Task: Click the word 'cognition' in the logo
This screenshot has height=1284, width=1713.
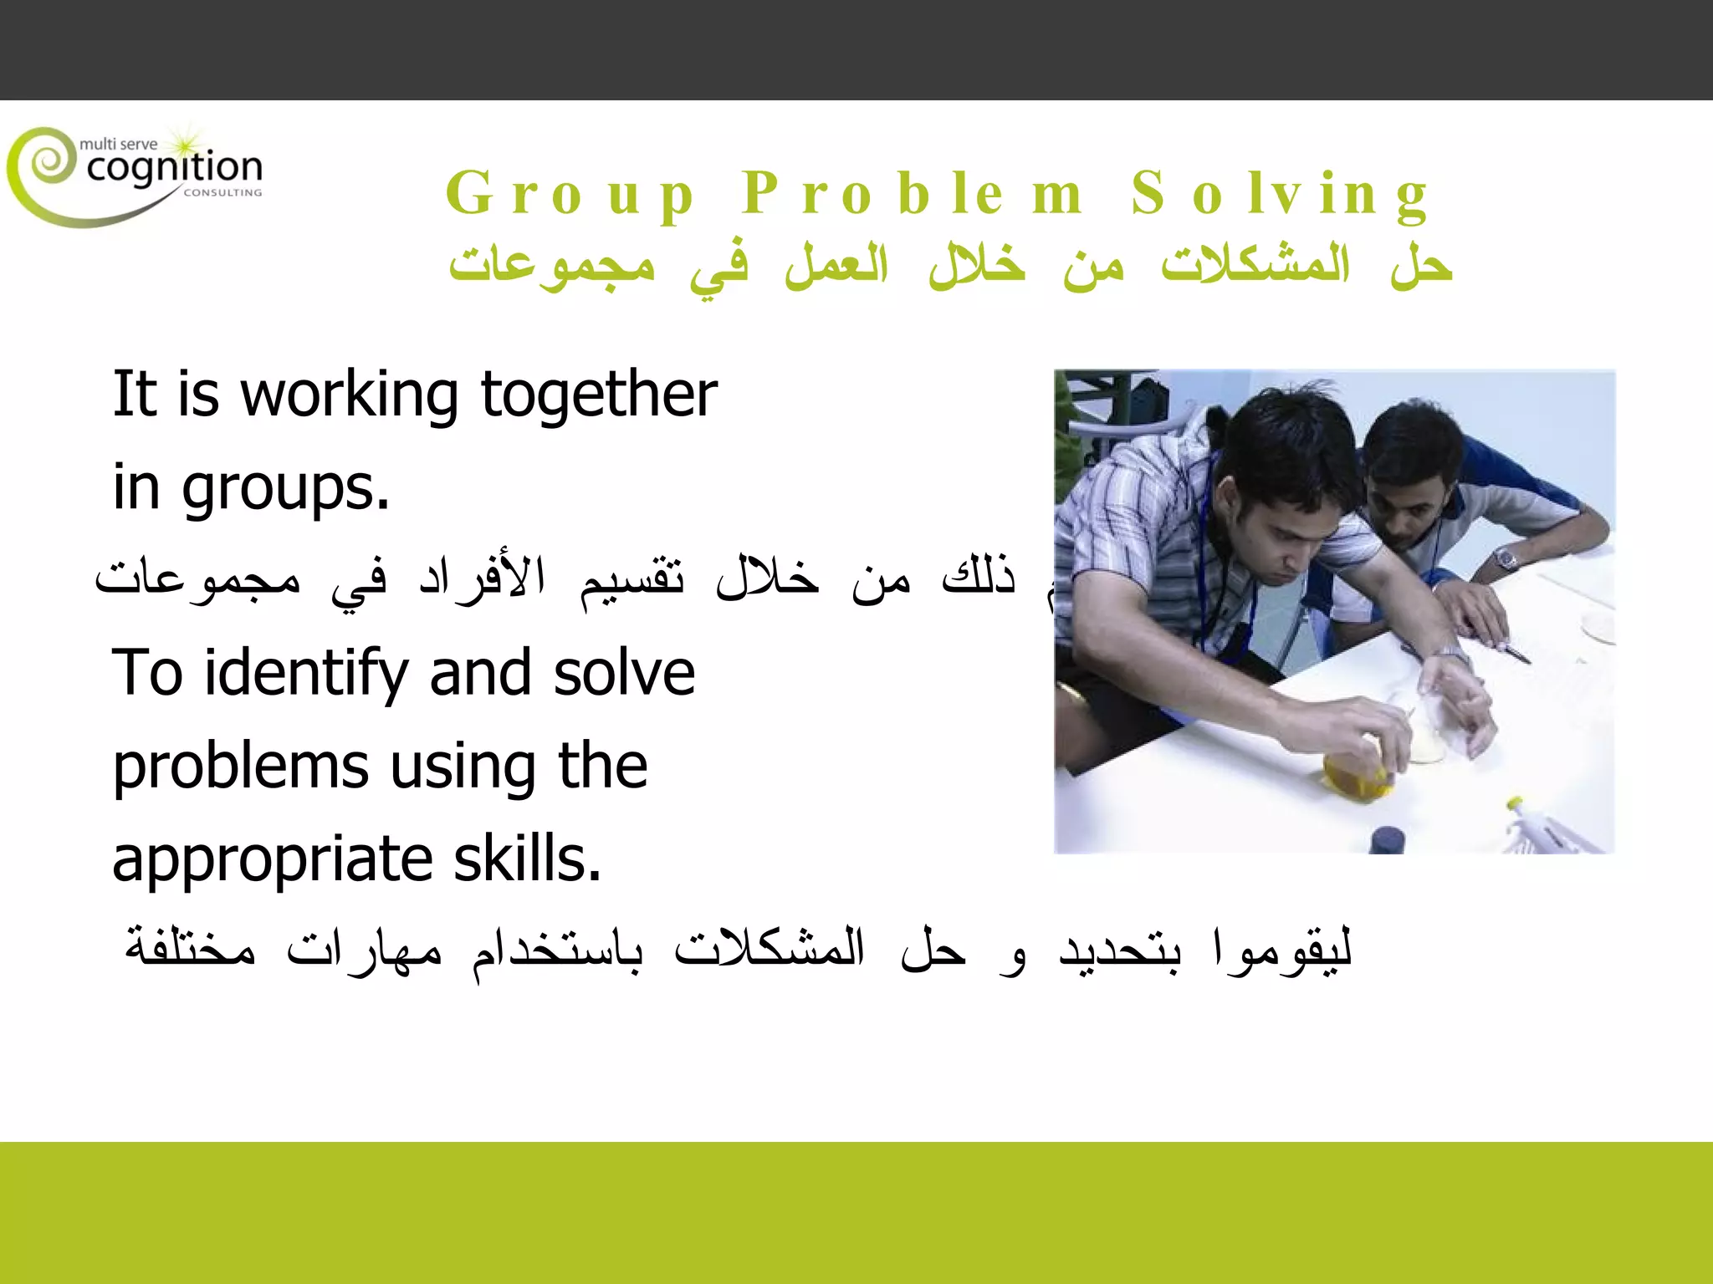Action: (174, 168)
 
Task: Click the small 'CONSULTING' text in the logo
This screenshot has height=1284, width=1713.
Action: (222, 192)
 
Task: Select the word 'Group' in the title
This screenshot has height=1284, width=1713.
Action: (570, 195)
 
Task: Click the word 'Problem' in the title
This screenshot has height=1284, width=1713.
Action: (913, 194)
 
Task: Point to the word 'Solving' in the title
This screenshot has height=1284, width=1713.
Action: (1280, 194)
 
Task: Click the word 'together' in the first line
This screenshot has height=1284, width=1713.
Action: (599, 395)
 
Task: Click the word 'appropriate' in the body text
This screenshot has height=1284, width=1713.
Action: (272, 861)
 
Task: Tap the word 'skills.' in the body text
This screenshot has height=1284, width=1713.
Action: (527, 859)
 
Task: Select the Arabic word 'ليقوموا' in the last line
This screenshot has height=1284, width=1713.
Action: (1281, 951)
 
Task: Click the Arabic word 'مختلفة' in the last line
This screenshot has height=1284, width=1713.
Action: (191, 950)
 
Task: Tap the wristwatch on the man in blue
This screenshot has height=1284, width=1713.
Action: (1506, 558)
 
